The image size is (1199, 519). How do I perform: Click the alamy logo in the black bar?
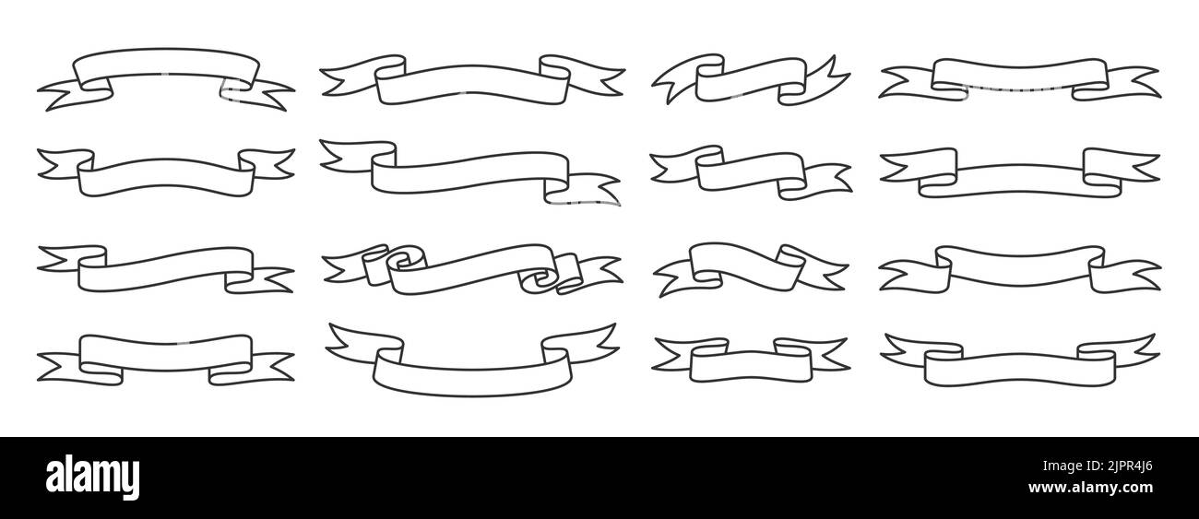(x=92, y=477)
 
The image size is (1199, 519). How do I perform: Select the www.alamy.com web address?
(x=1090, y=488)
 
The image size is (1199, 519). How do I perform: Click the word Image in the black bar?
(x=1060, y=466)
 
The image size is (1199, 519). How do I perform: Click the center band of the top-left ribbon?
(x=166, y=65)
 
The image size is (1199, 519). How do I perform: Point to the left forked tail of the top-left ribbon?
(x=75, y=95)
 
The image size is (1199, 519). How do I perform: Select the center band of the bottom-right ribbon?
(x=1020, y=368)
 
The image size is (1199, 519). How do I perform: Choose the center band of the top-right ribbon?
(x=1020, y=75)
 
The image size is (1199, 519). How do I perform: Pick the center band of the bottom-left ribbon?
(x=166, y=352)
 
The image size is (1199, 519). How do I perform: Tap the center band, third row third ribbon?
(x=747, y=265)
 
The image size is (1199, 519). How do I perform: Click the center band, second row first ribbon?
(x=166, y=177)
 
